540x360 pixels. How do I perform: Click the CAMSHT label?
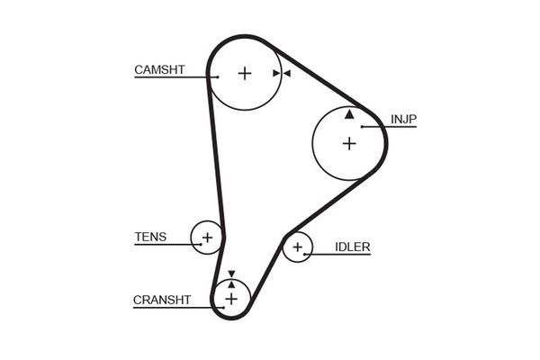click(158, 69)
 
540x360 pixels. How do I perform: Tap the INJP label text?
click(403, 119)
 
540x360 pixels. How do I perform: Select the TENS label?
click(149, 238)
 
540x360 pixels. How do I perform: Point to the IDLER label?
click(352, 247)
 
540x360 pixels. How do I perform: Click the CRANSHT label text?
click(161, 300)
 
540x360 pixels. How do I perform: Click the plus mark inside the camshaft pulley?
click(245, 74)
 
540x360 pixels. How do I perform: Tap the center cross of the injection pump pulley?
click(348, 142)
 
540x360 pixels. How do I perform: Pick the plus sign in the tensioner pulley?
click(207, 238)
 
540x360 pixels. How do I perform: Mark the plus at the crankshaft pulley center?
click(231, 298)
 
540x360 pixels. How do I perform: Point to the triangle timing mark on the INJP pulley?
click(349, 114)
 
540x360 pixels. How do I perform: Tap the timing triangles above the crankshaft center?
click(231, 279)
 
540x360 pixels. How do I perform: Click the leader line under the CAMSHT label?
click(171, 78)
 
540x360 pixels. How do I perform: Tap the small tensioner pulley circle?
click(200, 229)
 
